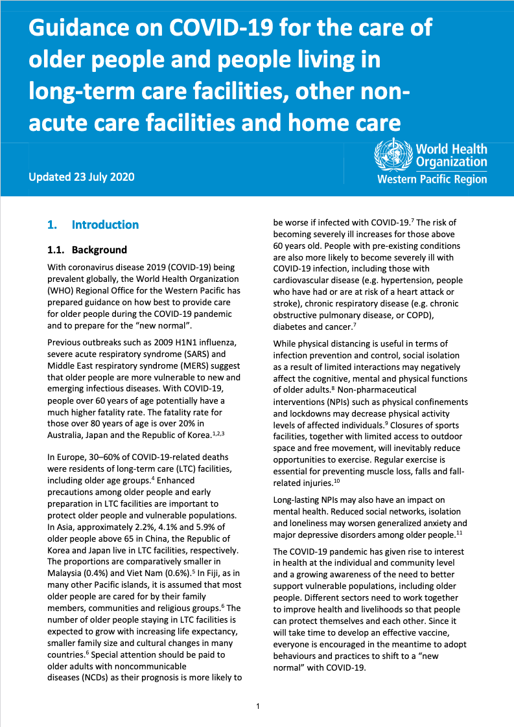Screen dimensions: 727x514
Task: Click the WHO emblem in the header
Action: coord(393,155)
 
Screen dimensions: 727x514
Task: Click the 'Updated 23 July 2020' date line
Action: coord(82,177)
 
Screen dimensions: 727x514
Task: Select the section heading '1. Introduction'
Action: coord(93,225)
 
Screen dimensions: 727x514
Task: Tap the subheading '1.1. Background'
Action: coord(88,249)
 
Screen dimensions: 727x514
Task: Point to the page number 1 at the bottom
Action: coord(257,706)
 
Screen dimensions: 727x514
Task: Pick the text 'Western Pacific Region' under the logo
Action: coord(432,179)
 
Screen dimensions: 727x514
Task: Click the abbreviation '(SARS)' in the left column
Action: coord(184,354)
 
